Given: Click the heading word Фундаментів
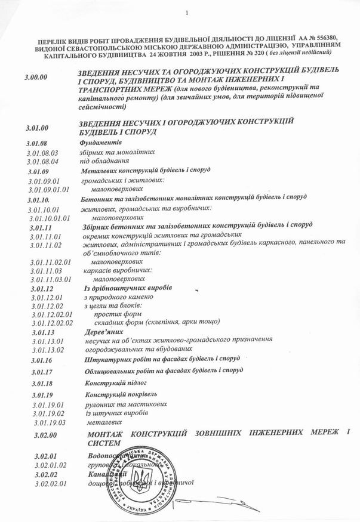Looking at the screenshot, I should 100,144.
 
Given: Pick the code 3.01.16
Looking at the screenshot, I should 38,360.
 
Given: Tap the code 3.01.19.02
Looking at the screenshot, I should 48,413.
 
